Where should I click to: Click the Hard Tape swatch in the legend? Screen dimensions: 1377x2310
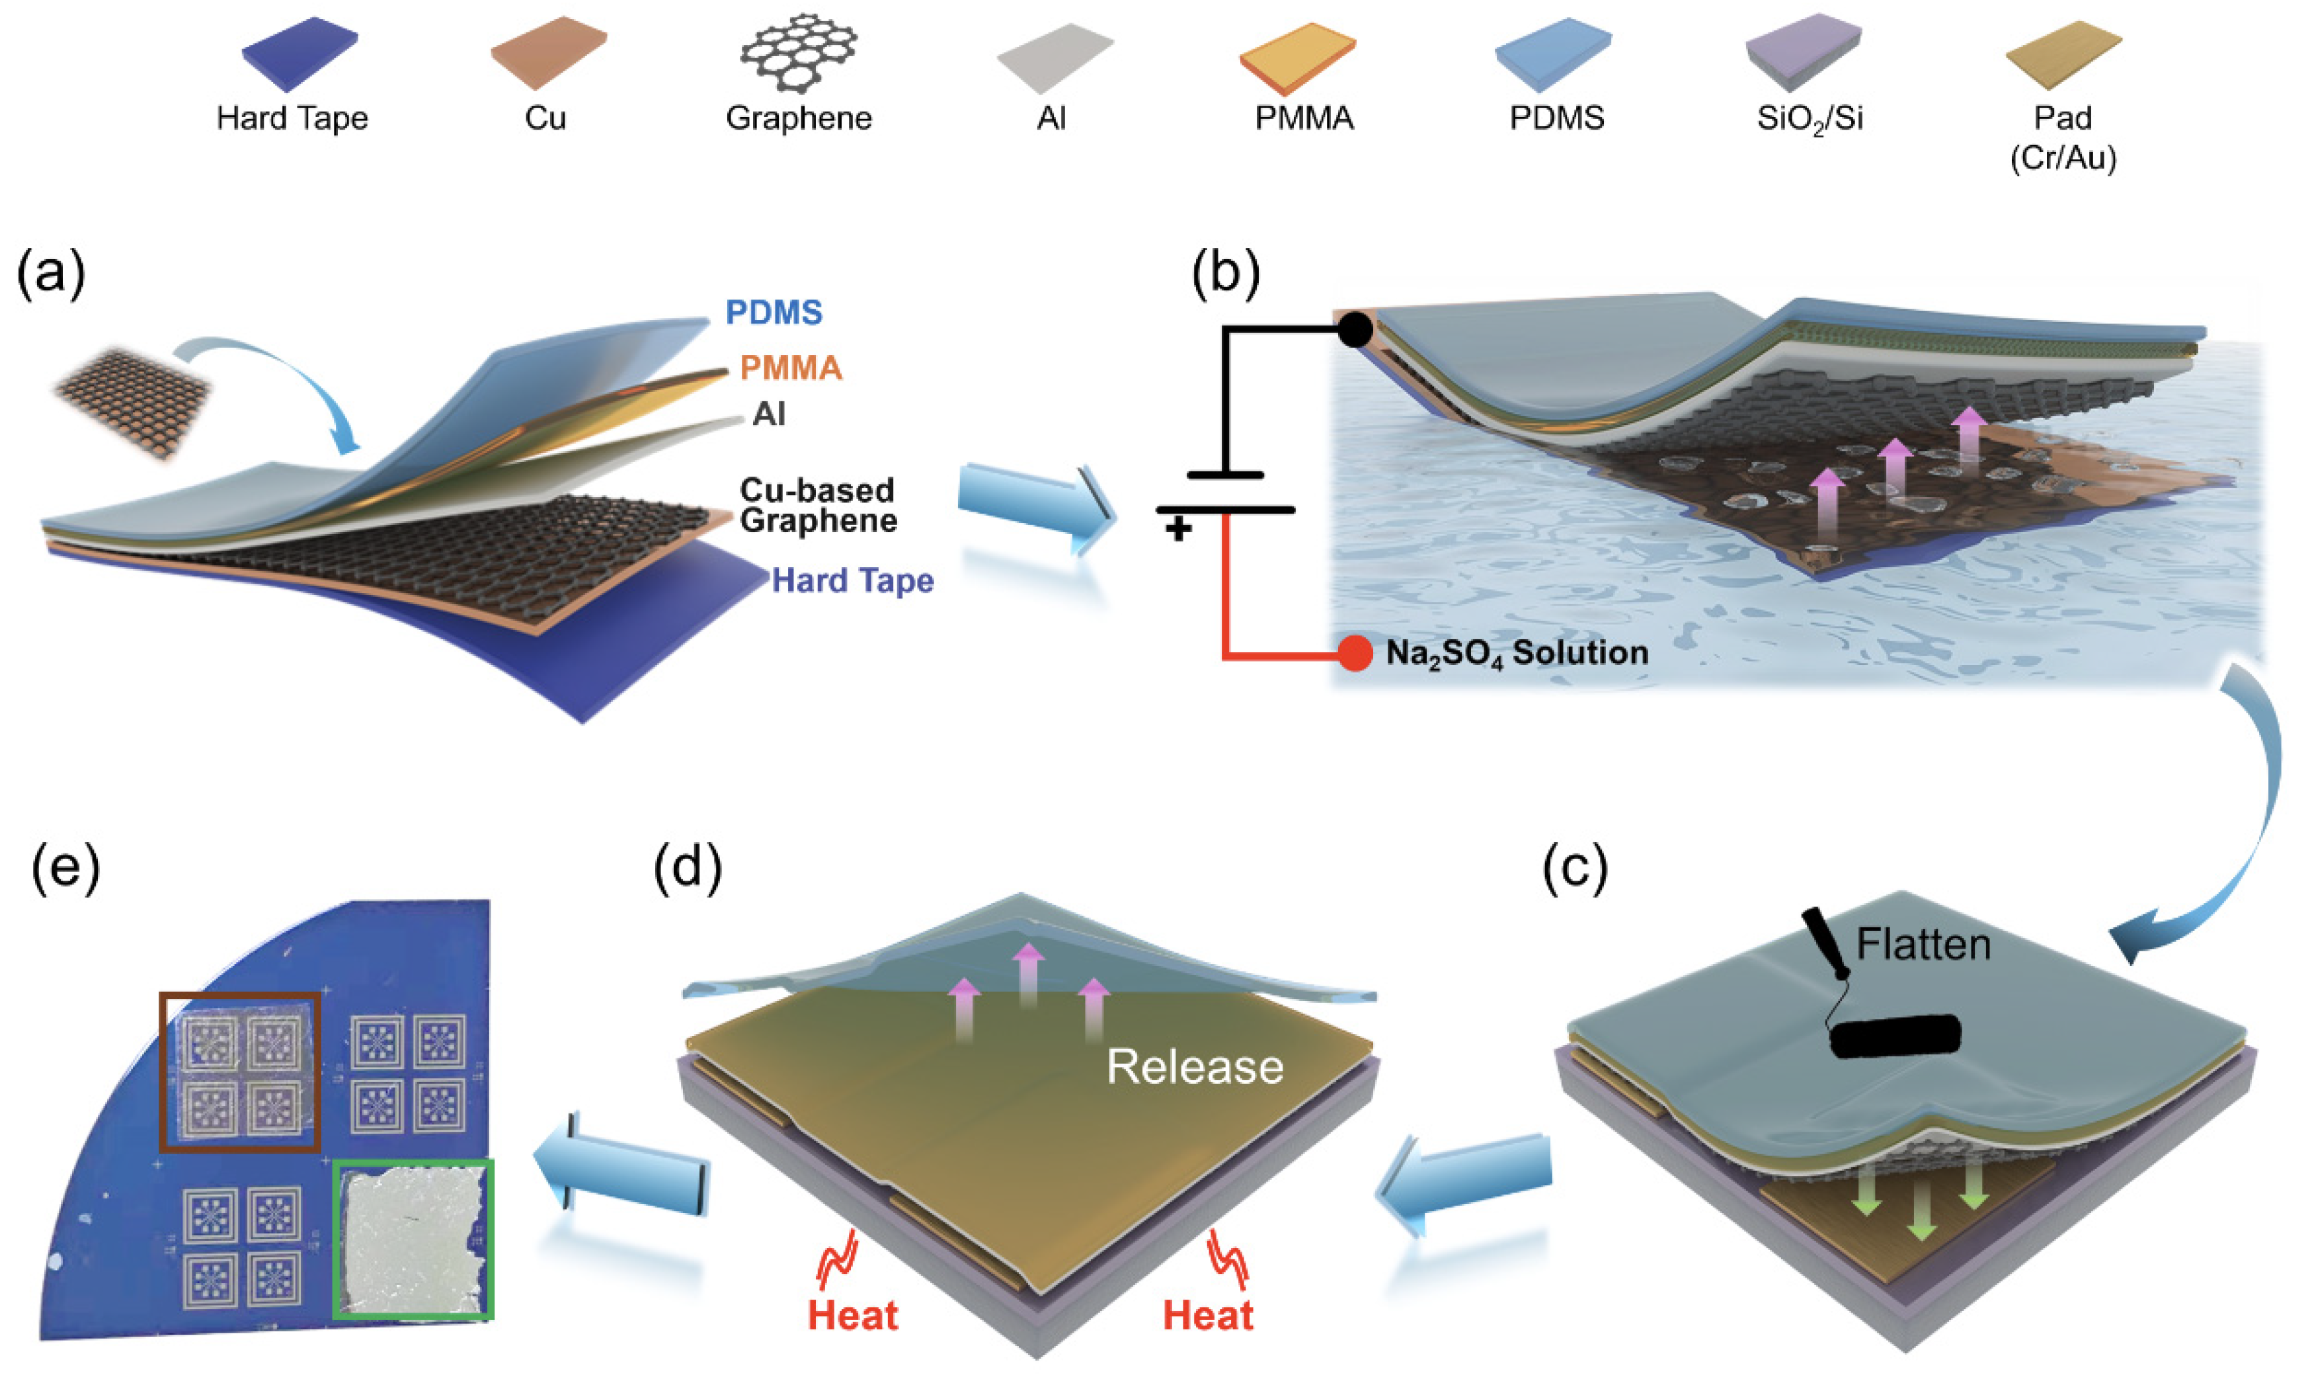point(299,54)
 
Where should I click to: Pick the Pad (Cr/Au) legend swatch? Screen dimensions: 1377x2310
point(2063,54)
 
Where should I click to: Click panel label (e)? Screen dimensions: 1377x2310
point(65,871)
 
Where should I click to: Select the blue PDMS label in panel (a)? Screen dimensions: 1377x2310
point(774,313)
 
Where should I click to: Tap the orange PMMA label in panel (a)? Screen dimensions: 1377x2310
point(791,368)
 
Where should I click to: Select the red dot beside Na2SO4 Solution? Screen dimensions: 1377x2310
point(1355,653)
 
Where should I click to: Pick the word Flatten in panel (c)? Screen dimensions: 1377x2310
point(1923,945)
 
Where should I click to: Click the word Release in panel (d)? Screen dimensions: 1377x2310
point(1195,1067)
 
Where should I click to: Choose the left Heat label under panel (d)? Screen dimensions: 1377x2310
point(853,1316)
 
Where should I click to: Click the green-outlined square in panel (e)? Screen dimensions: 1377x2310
point(413,1239)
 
